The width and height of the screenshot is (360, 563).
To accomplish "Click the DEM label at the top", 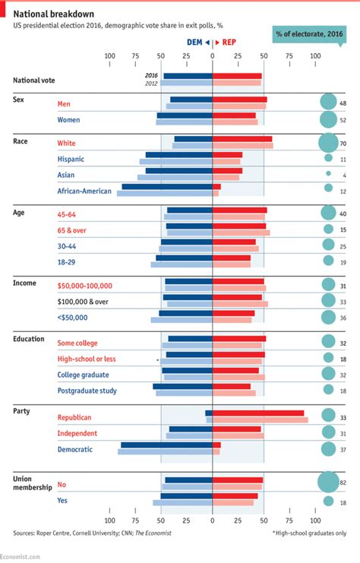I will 195,43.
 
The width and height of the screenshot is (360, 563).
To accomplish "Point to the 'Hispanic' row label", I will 71,159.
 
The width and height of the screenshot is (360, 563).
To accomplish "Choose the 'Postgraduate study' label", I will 87,391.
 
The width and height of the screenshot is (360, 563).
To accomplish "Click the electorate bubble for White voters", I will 328,142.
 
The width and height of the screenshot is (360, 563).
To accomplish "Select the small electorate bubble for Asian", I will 328,174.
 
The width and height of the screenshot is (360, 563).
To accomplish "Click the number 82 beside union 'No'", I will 343,483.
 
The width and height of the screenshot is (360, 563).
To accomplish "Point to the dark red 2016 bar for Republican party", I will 258,413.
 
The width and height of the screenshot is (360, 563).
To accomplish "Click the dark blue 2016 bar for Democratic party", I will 166,445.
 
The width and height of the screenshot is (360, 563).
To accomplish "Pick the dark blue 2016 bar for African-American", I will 167,187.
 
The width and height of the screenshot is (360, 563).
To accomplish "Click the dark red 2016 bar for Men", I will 239,100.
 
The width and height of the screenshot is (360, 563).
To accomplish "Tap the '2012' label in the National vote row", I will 151,83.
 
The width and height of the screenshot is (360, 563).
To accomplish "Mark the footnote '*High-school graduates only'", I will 309,533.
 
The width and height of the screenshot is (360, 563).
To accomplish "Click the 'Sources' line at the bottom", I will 92,533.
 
